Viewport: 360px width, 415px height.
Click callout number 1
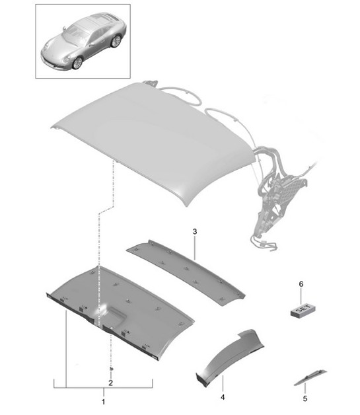(103, 401)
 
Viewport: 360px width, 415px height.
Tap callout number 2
(110, 383)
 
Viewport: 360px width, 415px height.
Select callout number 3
(196, 231)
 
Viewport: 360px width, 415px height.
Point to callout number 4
(223, 398)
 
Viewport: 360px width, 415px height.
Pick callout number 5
(305, 398)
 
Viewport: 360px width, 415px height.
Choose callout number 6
(301, 283)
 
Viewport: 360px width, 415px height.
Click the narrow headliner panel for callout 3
(192, 271)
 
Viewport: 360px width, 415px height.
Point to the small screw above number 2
(110, 367)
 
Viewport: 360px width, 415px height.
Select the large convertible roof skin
(152, 132)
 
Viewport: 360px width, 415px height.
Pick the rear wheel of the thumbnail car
(116, 41)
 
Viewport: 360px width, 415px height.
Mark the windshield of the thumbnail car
(77, 33)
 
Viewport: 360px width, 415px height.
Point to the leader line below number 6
(301, 296)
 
